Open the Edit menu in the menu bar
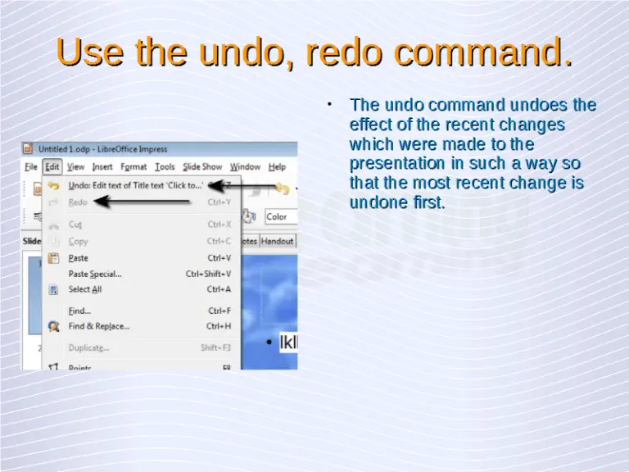(x=52, y=167)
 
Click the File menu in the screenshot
(x=31, y=167)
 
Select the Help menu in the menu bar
(x=277, y=167)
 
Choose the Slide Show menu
(x=202, y=167)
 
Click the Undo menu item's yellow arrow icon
(x=54, y=186)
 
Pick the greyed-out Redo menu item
(x=78, y=202)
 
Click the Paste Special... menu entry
(x=94, y=274)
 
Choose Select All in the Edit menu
(x=85, y=289)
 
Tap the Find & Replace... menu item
(x=98, y=326)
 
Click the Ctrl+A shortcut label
(x=219, y=289)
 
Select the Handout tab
(x=277, y=242)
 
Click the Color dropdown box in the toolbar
(x=280, y=217)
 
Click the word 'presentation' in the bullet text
(x=390, y=163)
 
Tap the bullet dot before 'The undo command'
(x=328, y=103)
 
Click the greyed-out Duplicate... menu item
(x=88, y=347)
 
